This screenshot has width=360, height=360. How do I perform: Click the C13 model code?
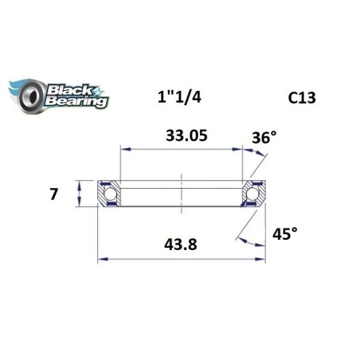[x=301, y=99]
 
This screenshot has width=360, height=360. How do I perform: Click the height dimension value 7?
[x=53, y=194]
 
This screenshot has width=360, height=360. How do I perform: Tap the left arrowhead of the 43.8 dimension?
[x=101, y=258]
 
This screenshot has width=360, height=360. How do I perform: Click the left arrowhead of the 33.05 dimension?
[x=123, y=148]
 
